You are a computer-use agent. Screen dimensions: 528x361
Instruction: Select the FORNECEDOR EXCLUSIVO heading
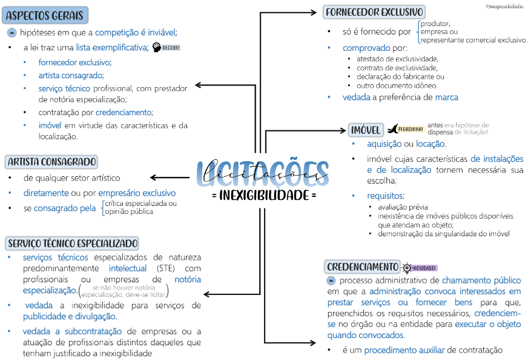(x=374, y=12)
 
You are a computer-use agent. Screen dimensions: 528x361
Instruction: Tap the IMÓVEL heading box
(x=366, y=130)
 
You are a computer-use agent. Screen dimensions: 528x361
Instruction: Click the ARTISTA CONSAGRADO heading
(x=51, y=162)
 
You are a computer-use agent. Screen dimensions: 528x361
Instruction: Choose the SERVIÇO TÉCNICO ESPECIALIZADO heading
(x=73, y=243)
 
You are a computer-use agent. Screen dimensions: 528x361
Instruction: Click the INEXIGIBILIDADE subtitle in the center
(x=264, y=196)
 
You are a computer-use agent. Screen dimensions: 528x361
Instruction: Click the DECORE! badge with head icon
(x=167, y=47)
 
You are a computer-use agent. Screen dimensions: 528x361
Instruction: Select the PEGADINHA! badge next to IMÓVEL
(x=405, y=129)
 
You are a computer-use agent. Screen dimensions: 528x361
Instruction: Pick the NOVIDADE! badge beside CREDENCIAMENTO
(x=420, y=268)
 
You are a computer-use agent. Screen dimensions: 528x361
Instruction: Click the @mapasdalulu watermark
(x=505, y=6)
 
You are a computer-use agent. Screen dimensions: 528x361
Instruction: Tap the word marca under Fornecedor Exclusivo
(x=447, y=97)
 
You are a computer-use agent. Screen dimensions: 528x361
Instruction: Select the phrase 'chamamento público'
(x=481, y=280)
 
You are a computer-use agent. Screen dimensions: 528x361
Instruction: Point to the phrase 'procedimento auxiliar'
(x=404, y=349)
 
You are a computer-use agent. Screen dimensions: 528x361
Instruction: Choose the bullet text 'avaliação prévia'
(x=402, y=207)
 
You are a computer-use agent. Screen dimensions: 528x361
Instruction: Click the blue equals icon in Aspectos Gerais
(x=12, y=32)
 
